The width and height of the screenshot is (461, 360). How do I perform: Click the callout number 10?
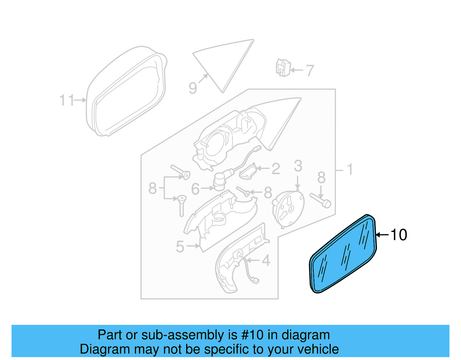[399, 235]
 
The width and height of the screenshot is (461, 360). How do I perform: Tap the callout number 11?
[67, 100]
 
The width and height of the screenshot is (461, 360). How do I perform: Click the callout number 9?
[193, 88]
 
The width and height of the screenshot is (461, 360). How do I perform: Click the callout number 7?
[309, 71]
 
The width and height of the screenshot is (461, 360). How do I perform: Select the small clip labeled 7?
[283, 68]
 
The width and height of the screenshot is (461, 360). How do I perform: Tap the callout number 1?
[350, 169]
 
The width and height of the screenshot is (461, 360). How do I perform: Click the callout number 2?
[276, 169]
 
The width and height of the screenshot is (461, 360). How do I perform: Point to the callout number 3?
[298, 166]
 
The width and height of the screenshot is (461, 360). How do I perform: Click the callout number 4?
[266, 261]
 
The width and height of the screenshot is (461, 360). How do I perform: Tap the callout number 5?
[180, 247]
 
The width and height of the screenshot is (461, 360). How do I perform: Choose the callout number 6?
[195, 189]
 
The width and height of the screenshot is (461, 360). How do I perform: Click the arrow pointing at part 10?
[382, 235]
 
